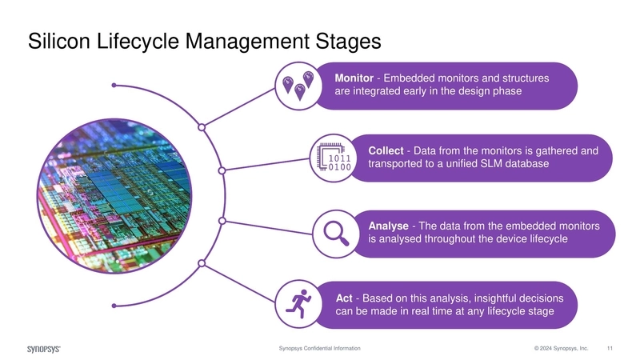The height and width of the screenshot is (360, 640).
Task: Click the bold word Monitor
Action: click(353, 78)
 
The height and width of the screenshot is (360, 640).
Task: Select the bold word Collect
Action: click(386, 151)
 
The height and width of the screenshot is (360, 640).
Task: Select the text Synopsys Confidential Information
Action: click(319, 349)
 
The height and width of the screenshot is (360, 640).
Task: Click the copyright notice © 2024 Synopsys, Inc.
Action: click(562, 349)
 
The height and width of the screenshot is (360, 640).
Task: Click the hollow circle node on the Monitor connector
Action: click(202, 127)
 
